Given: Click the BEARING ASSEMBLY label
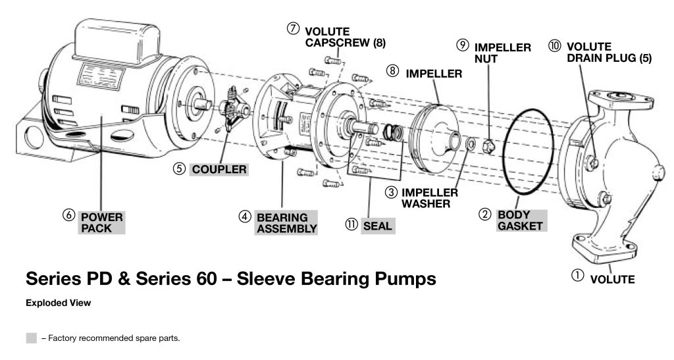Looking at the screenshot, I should click(286, 222).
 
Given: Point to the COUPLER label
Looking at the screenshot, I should click(219, 169).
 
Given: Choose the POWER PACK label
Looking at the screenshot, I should click(101, 222).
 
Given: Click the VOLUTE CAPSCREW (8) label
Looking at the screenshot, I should click(345, 38).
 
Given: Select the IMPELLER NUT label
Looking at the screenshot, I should click(502, 53).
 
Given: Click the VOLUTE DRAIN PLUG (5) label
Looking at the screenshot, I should click(608, 53).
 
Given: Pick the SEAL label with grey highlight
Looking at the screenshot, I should click(377, 226).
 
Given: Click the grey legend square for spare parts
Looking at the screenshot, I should click(31, 338).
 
